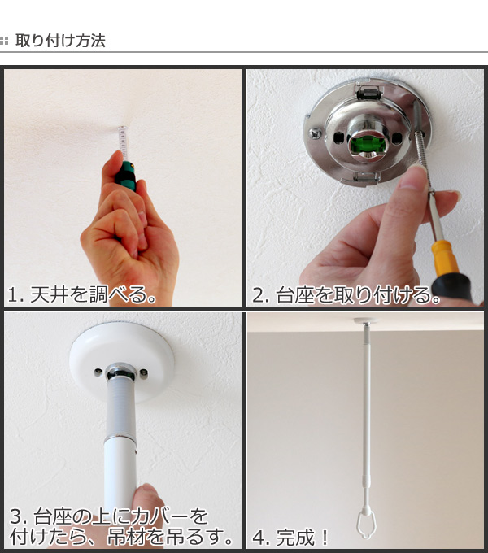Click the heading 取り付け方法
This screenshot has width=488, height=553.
[60, 41]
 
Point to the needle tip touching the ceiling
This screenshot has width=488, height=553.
[122, 128]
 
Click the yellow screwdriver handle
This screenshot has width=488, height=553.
[443, 260]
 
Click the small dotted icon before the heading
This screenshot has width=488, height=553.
[6, 41]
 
